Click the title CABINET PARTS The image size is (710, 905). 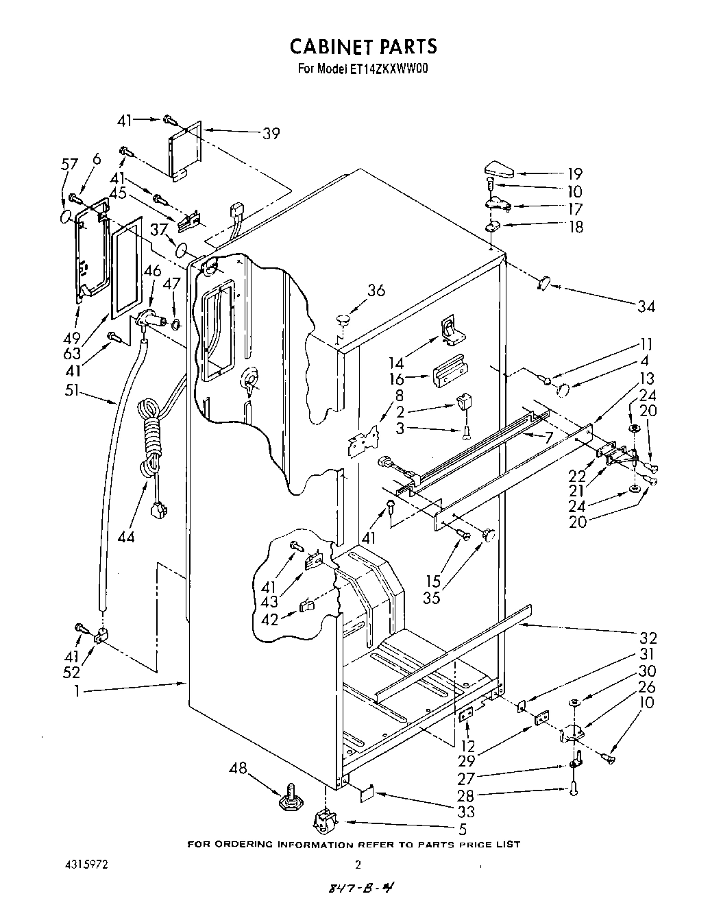click(363, 46)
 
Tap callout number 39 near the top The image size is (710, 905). click(271, 134)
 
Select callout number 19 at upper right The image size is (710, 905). click(574, 174)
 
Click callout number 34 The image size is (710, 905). click(646, 306)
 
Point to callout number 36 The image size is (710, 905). click(376, 291)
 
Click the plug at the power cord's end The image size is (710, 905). click(158, 511)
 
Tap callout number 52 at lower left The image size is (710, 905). click(71, 673)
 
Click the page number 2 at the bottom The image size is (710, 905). click(357, 865)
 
